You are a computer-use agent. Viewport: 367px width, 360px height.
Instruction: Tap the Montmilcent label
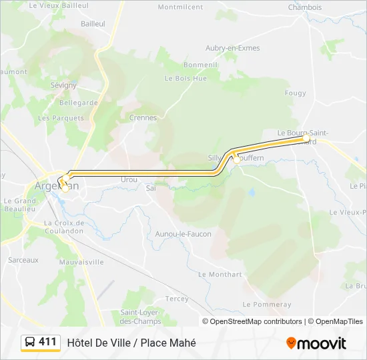pyautogui.click(x=180, y=7)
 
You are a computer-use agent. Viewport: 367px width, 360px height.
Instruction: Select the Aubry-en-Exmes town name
pyautogui.click(x=233, y=48)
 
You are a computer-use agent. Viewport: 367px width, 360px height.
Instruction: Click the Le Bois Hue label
pyautogui.click(x=186, y=78)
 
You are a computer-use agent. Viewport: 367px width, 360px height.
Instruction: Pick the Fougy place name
pyautogui.click(x=295, y=93)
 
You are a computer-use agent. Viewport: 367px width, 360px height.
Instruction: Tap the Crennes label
pyautogui.click(x=143, y=117)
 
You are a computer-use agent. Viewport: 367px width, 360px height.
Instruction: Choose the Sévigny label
pyautogui.click(x=63, y=85)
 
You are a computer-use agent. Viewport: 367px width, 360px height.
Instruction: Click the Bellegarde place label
pyautogui.click(x=79, y=103)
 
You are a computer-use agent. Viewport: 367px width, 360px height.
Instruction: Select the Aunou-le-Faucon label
pyautogui.click(x=183, y=234)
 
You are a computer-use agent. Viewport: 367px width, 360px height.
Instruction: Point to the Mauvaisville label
pyautogui.click(x=81, y=262)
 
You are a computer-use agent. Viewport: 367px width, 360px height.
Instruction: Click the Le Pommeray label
pyautogui.click(x=267, y=304)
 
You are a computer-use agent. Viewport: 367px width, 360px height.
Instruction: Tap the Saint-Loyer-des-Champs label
pyautogui.click(x=141, y=316)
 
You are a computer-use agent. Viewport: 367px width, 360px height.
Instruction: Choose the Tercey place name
pyautogui.click(x=177, y=299)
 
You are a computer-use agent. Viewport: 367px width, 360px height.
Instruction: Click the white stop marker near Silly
pyautogui.click(x=236, y=159)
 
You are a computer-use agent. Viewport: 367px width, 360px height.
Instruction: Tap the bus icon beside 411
pyautogui.click(x=30, y=343)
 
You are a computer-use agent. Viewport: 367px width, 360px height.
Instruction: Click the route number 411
pyautogui.click(x=48, y=342)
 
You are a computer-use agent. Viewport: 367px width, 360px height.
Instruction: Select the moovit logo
pyautogui.click(x=316, y=343)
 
